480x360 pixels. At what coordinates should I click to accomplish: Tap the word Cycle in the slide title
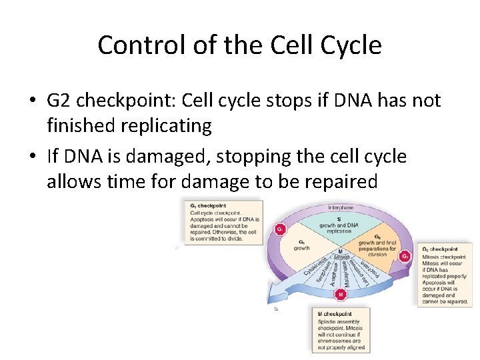click(351, 45)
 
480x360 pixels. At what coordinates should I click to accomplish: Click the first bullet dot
click(32, 101)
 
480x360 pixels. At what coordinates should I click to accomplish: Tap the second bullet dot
click(32, 157)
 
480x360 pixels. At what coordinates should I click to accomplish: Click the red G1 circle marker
click(280, 229)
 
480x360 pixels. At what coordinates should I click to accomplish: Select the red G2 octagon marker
click(405, 256)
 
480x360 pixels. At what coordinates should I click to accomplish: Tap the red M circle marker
click(341, 293)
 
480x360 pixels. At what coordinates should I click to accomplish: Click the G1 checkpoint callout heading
click(207, 205)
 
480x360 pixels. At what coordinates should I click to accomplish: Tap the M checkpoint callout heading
click(335, 314)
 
